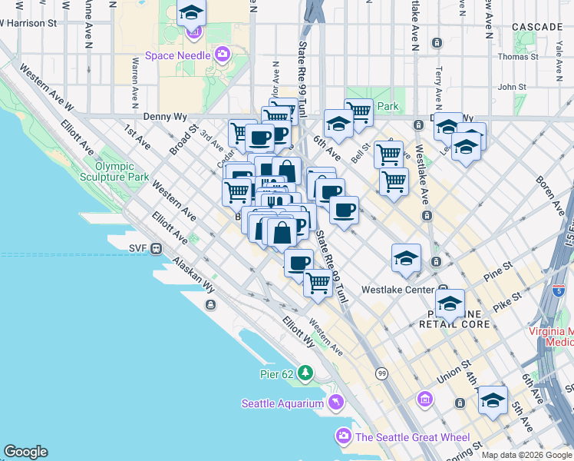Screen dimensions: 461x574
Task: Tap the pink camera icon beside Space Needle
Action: (x=223, y=55)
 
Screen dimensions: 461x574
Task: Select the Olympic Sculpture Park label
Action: (x=122, y=171)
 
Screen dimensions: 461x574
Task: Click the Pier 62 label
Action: (x=277, y=373)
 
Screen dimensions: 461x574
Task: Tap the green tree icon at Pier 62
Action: (x=306, y=373)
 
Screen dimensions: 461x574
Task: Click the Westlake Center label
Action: (x=392, y=290)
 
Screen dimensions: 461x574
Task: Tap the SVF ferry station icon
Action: (x=156, y=248)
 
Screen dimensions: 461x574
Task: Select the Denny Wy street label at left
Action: (x=165, y=117)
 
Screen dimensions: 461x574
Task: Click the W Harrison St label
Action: (x=28, y=23)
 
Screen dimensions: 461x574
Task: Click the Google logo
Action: (x=25, y=452)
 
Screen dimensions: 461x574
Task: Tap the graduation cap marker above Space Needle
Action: (x=191, y=13)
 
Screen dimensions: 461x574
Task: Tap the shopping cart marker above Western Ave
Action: (x=318, y=282)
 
